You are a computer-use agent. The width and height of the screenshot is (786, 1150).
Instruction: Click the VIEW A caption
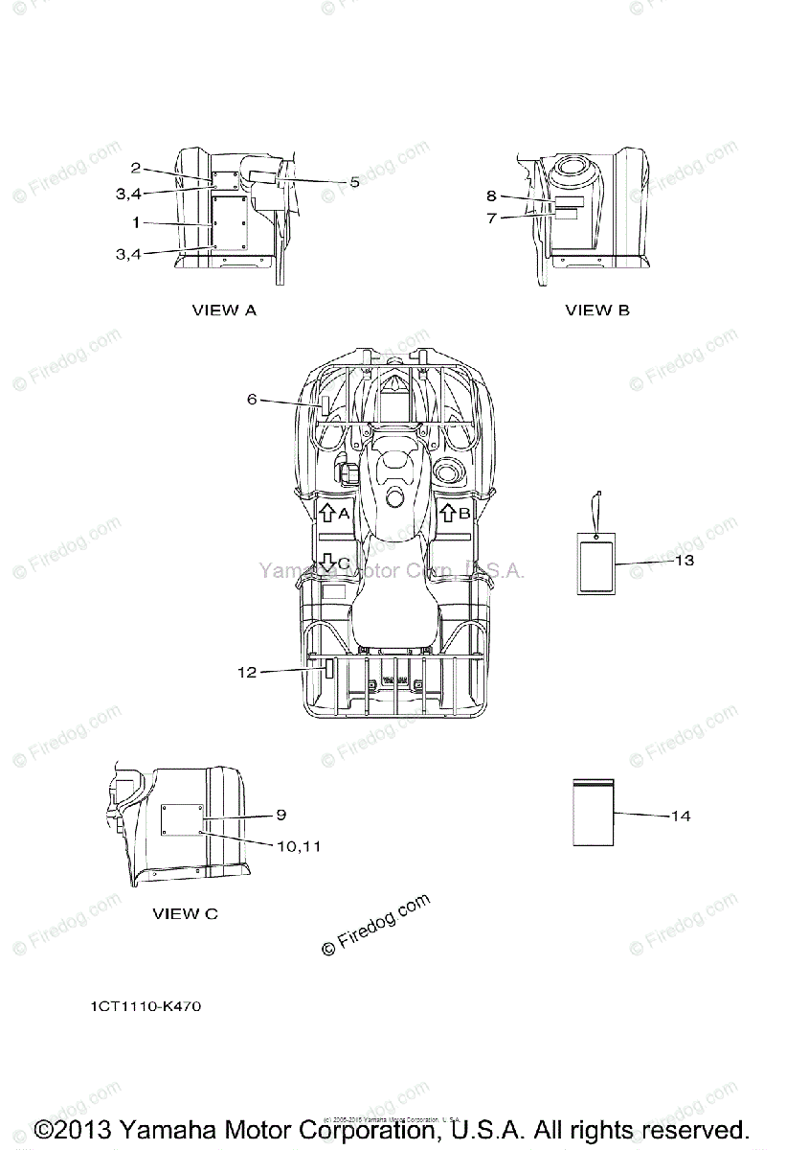point(224,310)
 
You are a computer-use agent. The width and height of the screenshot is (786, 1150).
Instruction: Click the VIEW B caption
point(597,310)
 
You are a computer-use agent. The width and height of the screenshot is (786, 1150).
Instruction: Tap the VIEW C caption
point(185,913)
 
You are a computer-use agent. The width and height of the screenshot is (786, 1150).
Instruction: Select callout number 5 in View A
point(354,181)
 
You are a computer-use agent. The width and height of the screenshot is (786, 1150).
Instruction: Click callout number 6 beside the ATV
point(252,400)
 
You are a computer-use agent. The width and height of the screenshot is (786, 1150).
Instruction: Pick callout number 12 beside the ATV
point(247,673)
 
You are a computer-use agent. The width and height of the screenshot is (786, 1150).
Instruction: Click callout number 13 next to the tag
point(684,561)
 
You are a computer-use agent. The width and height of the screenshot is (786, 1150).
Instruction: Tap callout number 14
point(680,816)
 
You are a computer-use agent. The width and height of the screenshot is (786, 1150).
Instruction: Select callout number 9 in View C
point(281,815)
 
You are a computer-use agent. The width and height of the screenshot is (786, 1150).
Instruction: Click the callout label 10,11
point(299,845)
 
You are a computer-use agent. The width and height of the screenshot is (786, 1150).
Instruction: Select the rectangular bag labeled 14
point(593,812)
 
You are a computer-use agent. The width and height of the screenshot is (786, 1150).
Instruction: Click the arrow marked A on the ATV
point(326,513)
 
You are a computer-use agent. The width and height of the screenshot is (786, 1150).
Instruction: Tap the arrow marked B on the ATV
point(447,513)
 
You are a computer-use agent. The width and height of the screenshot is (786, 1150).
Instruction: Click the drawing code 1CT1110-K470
point(146,1007)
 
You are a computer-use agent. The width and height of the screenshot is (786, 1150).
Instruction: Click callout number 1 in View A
point(137,222)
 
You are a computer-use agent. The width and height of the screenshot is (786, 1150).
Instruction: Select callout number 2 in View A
point(137,167)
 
